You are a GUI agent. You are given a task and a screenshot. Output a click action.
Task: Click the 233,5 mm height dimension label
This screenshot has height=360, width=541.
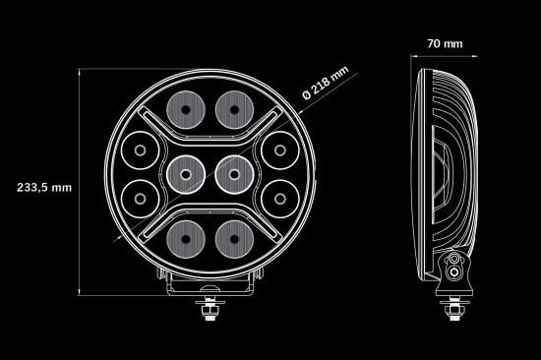click(44, 188)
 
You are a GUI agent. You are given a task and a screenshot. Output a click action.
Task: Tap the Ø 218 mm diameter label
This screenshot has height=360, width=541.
click(326, 83)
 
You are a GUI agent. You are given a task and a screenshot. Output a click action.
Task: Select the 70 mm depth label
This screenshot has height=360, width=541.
click(445, 44)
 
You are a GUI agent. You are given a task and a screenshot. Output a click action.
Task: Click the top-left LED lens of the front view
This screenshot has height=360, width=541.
click(186, 110)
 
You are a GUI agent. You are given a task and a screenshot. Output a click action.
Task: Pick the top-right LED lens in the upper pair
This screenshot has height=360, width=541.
click(234, 110)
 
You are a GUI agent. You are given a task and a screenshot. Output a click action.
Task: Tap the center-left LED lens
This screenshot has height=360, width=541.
click(186, 175)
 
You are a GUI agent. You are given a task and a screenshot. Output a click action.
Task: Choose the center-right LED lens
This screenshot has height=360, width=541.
click(234, 175)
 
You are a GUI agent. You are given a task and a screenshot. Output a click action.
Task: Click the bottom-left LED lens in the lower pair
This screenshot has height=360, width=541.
click(186, 239)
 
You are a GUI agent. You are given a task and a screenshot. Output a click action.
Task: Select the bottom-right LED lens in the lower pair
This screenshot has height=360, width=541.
click(234, 239)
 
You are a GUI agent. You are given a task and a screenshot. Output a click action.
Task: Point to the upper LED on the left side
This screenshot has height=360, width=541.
click(140, 150)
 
